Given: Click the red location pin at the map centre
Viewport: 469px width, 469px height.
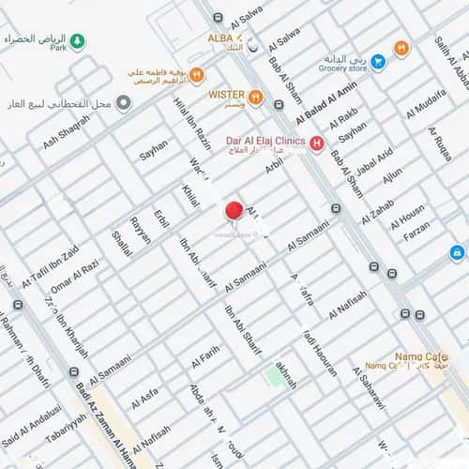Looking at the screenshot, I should tap(234, 211).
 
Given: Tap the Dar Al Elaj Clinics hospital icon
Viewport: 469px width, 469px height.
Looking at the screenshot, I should tap(317, 143).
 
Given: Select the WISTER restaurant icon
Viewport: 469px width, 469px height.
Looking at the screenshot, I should tap(255, 96).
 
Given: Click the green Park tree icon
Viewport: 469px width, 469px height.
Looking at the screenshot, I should tap(78, 42).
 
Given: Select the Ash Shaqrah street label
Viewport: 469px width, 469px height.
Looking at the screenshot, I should tap(67, 131).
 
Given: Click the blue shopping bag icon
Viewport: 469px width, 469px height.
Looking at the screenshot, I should tap(457, 252).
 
